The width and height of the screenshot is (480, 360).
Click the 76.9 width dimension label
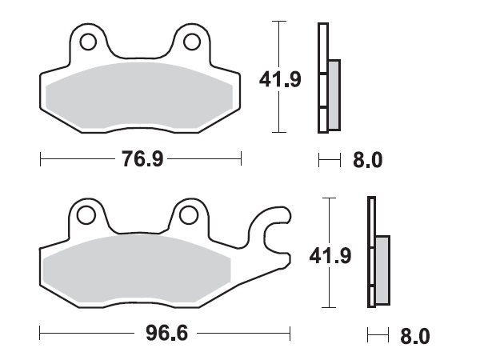click(142, 160)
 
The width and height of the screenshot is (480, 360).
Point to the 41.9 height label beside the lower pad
click(330, 256)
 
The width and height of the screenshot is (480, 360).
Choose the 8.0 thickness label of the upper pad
click(367, 161)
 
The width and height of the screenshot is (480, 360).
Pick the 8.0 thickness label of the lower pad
click(414, 335)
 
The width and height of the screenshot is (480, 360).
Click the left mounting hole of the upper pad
click(87, 41)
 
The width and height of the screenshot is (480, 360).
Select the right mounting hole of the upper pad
click(192, 41)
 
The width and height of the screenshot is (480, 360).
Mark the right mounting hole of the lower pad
click(189, 214)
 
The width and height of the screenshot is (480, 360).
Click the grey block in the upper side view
click(334, 94)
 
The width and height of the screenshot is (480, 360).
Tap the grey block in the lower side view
click(382, 270)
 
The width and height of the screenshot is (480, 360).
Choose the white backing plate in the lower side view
click(371, 252)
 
